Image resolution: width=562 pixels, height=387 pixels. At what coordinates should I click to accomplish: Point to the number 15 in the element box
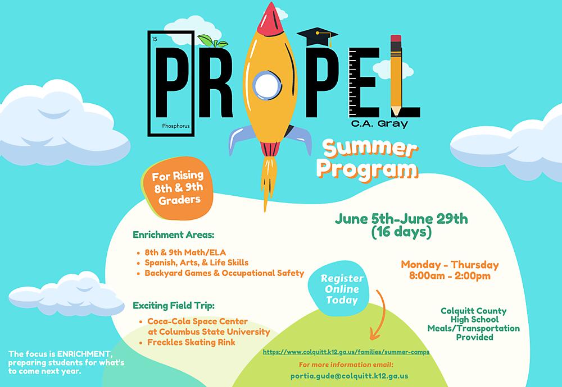point(155,39)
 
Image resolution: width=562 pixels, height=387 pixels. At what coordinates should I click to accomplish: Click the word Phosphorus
point(176,127)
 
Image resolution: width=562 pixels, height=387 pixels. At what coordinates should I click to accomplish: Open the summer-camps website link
point(346,352)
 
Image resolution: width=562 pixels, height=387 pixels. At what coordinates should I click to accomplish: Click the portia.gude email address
point(349,376)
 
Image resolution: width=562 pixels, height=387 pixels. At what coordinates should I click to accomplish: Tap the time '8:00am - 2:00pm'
point(450,275)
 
